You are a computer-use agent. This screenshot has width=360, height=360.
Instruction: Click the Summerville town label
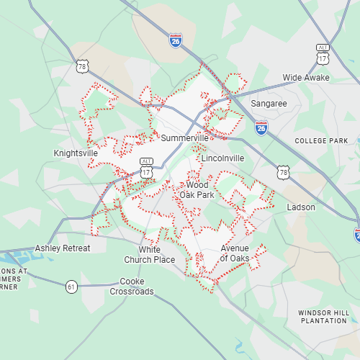click(x=185, y=138)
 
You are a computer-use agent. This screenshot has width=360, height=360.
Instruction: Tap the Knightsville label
click(x=76, y=153)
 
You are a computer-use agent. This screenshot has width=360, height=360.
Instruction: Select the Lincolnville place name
click(x=222, y=158)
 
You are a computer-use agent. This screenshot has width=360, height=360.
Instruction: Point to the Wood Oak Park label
click(x=197, y=190)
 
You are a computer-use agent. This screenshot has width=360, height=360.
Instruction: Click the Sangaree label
click(x=269, y=104)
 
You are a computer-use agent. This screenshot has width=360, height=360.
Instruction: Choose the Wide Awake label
click(x=306, y=77)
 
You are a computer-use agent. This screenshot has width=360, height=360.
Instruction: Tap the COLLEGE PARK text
click(x=321, y=141)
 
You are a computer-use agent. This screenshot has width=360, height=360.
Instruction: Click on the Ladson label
click(x=301, y=207)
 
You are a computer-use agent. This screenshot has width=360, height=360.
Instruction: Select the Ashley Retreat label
click(x=63, y=248)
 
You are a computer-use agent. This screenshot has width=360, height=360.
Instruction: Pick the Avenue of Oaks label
click(x=235, y=253)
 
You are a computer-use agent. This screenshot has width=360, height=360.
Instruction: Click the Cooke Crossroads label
click(x=132, y=287)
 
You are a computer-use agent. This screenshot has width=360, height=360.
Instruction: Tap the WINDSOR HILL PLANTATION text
click(x=323, y=316)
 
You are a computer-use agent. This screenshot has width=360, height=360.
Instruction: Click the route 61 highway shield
click(x=71, y=287)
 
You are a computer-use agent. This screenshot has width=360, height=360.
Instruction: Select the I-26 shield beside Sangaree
click(x=261, y=127)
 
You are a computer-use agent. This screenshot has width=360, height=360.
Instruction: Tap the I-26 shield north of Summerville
click(x=176, y=40)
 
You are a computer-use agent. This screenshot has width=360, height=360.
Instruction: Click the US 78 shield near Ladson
click(x=283, y=172)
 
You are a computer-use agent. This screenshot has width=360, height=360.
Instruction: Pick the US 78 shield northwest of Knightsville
click(x=83, y=67)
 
